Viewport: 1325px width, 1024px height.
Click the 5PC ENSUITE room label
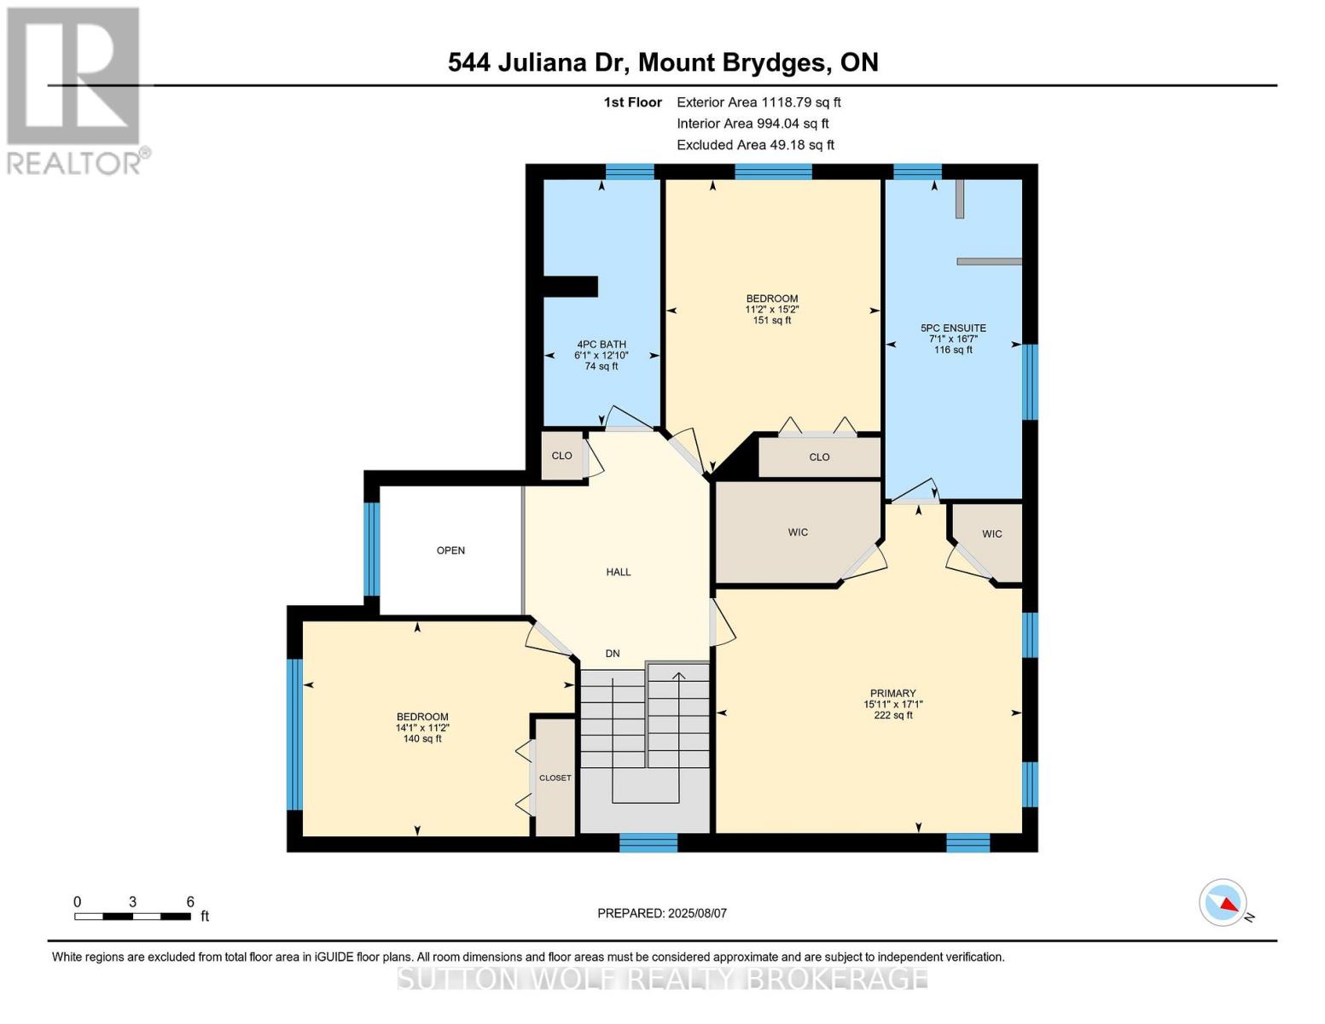pyautogui.click(x=953, y=328)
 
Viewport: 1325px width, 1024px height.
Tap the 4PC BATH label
pyautogui.click(x=601, y=344)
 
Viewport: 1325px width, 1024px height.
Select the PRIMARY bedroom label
pyautogui.click(x=892, y=693)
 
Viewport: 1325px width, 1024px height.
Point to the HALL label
pyautogui.click(x=619, y=572)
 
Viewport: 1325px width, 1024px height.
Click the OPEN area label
pyautogui.click(x=450, y=550)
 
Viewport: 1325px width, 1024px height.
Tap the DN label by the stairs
pyautogui.click(x=613, y=653)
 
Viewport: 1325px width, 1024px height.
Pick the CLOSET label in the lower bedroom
pyautogui.click(x=555, y=777)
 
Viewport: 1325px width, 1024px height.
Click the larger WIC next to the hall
pyautogui.click(x=798, y=532)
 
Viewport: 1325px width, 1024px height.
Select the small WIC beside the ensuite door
pyautogui.click(x=992, y=533)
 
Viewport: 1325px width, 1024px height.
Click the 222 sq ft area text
pyautogui.click(x=893, y=715)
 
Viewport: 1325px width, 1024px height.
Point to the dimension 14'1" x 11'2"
pyautogui.click(x=422, y=728)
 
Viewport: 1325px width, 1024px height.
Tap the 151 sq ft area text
pyautogui.click(x=772, y=320)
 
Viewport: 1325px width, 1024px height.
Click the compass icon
pyautogui.click(x=1223, y=903)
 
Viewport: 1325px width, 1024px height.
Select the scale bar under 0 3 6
pyautogui.click(x=132, y=916)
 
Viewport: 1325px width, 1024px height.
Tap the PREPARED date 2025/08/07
pyautogui.click(x=662, y=913)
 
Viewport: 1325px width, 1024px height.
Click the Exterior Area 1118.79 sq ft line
pyautogui.click(x=758, y=102)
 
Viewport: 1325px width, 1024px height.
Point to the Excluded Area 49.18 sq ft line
pyautogui.click(x=755, y=145)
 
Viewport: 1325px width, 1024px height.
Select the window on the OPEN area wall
pyautogui.click(x=372, y=549)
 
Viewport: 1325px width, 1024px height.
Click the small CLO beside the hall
pyautogui.click(x=561, y=456)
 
